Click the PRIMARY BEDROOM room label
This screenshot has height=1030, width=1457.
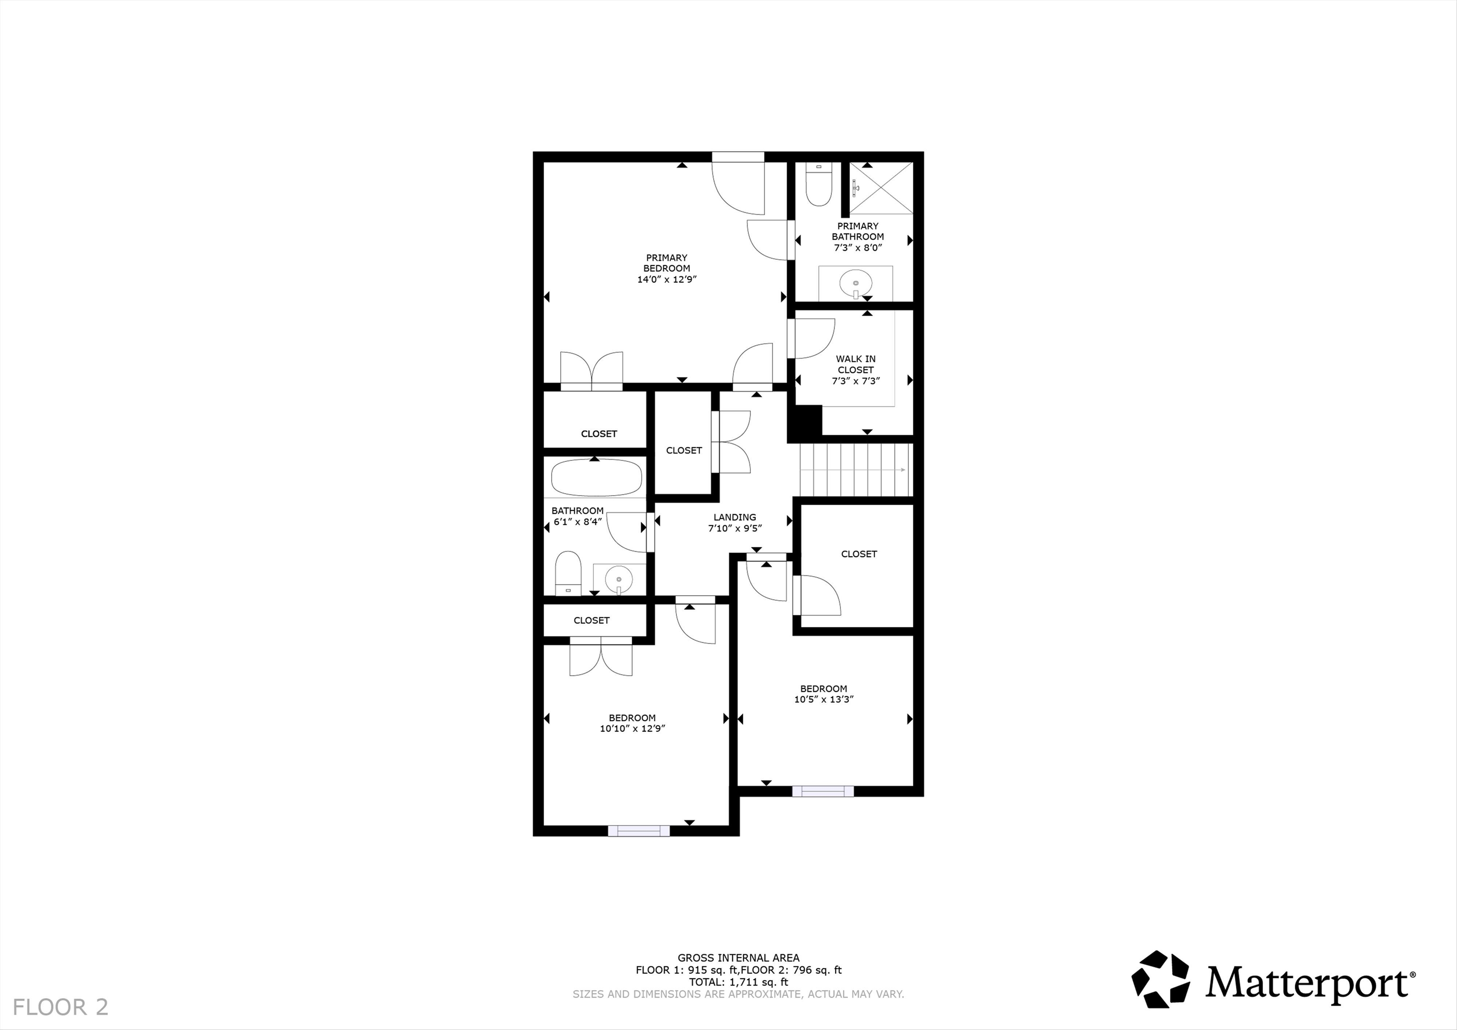pos(666,263)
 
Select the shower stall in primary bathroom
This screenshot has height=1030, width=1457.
pos(881,188)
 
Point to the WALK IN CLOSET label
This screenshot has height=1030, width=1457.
pos(856,364)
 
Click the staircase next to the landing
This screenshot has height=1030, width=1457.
pos(856,469)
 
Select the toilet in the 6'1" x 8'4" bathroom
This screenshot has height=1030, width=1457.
pos(568,572)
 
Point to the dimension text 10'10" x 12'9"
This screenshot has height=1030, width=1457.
pos(632,728)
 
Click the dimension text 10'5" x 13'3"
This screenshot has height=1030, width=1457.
pos(824,699)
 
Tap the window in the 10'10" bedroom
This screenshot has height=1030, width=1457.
pos(638,831)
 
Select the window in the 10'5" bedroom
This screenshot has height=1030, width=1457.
pos(823,791)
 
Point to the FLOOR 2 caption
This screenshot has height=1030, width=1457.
pos(60,1006)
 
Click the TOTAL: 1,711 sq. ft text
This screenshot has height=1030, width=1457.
pos(738,982)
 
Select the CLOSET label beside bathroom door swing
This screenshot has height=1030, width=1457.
pos(683,450)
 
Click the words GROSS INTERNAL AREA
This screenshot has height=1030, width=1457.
pos(738,957)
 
